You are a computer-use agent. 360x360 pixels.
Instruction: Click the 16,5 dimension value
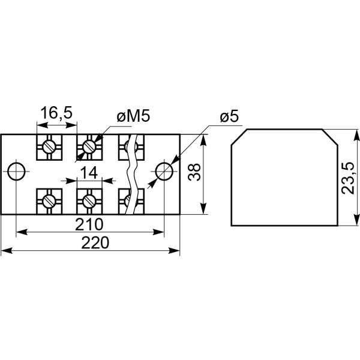(56, 113)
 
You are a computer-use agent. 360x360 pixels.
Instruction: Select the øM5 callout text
(133, 116)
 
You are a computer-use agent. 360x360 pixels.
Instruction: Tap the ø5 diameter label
(229, 116)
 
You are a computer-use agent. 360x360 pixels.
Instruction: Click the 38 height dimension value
(194, 172)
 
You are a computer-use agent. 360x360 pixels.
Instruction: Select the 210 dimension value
(89, 224)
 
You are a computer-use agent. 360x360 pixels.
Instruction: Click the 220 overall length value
(95, 243)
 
